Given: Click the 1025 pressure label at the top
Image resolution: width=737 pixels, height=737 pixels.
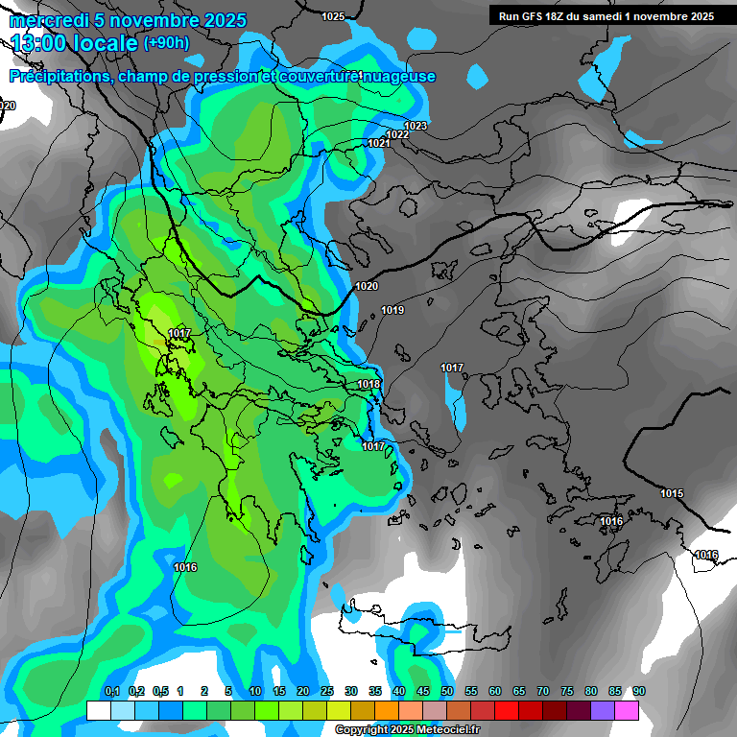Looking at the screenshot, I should pos(333,16).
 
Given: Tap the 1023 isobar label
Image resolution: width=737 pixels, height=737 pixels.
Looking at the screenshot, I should pos(416,126).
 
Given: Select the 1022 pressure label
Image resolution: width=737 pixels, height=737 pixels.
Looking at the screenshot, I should pos(397,134).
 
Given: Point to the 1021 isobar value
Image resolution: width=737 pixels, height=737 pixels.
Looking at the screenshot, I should pos(378,143).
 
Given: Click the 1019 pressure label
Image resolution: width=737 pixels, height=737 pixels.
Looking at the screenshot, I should pos(392,310).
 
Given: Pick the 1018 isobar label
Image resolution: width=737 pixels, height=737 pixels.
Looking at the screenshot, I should pos(368,384).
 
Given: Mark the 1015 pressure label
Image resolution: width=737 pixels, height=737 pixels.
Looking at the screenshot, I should pos(672,493).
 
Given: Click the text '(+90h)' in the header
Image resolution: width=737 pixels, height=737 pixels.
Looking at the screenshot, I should pos(166,42).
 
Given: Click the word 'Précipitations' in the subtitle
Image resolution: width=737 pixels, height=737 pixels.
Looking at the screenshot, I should pos(57,76).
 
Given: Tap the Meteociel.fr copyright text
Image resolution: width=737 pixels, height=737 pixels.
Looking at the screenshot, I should pos(407,730).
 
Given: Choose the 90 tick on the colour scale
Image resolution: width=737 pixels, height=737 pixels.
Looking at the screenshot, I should pos(638,691).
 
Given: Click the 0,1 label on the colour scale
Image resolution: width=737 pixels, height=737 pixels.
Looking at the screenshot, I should pos(111,691).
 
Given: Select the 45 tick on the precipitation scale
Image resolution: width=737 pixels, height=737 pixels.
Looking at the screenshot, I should pos(423,691).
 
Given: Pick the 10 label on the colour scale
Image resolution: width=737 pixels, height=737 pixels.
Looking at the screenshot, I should pos(255,691).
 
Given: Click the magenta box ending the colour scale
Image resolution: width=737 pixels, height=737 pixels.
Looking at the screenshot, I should pos(626,710).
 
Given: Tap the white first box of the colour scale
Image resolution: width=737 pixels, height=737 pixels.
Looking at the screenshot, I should pos(98,710).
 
